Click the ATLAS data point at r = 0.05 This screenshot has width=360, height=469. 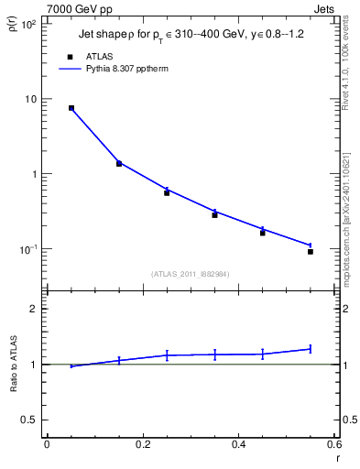[x=71, y=108]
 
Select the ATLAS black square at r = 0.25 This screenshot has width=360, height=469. [x=167, y=192]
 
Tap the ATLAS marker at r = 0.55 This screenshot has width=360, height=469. [x=311, y=251]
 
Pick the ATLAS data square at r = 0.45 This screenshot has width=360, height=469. [x=263, y=233]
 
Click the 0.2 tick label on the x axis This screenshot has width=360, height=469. [x=142, y=444]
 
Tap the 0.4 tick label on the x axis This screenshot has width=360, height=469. [x=238, y=444]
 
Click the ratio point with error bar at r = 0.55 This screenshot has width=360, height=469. [x=311, y=348]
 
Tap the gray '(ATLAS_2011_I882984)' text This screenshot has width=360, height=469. [x=191, y=274]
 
